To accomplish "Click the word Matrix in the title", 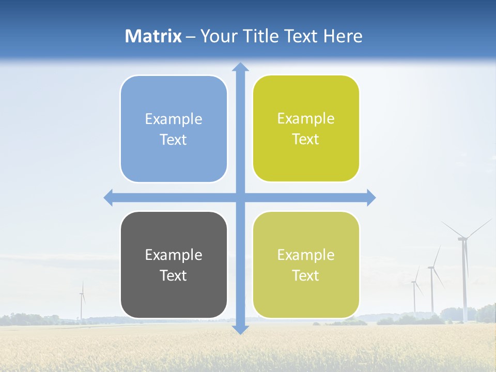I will (153, 36).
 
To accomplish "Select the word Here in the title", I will (343, 36).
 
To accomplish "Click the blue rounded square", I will (174, 129).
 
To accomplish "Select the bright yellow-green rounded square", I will (306, 129).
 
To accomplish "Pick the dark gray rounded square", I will (174, 265).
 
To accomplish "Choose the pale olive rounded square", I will (306, 265).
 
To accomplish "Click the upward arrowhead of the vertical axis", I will (240, 67).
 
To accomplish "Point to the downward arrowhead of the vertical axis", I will (240, 329).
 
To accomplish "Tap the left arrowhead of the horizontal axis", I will (109, 198).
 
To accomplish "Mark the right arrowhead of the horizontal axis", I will (371, 198).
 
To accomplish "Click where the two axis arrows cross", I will (240, 198).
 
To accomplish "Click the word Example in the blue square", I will (174, 119).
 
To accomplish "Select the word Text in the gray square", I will (174, 275).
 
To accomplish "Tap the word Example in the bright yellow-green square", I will (306, 119).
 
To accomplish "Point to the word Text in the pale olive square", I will (306, 275).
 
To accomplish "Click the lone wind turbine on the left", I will (82, 302).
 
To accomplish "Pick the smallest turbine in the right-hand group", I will (414, 295).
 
